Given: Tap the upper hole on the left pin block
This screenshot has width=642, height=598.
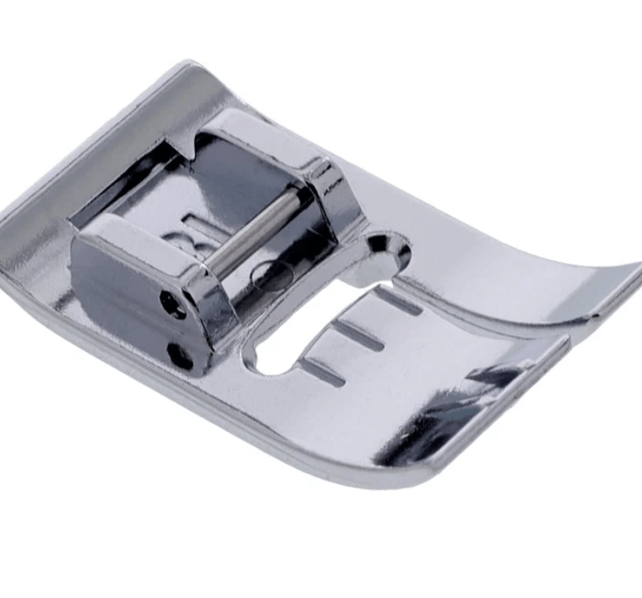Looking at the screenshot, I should (x=172, y=303).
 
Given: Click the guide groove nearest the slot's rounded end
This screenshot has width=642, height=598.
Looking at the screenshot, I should (x=321, y=372).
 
